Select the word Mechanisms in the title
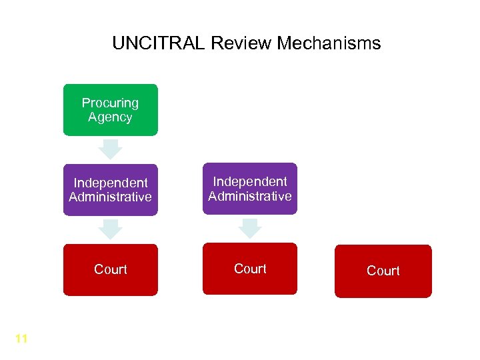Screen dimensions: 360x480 [x=329, y=44]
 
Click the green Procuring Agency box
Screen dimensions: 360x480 [x=110, y=110]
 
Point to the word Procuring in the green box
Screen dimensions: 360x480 [x=110, y=103]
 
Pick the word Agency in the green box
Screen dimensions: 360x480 [x=110, y=117]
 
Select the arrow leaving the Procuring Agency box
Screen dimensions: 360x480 [x=110, y=148]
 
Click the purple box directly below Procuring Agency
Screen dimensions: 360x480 [x=110, y=190]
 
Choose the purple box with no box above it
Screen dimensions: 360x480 [x=250, y=189]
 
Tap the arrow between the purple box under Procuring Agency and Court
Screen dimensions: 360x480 [x=110, y=229]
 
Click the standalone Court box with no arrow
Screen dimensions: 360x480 [x=383, y=271]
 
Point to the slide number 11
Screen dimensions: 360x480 [x=21, y=339]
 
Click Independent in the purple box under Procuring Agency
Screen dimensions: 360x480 [x=111, y=183]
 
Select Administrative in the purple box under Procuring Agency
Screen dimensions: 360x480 [x=110, y=197]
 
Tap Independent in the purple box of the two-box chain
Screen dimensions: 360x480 [x=250, y=181]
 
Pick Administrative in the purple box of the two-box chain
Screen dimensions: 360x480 [x=250, y=196]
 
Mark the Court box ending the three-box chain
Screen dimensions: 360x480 [x=110, y=269]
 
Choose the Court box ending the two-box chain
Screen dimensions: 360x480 [x=250, y=269]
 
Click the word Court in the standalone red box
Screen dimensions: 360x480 [x=383, y=271]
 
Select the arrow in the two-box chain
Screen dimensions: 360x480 [x=250, y=228]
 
